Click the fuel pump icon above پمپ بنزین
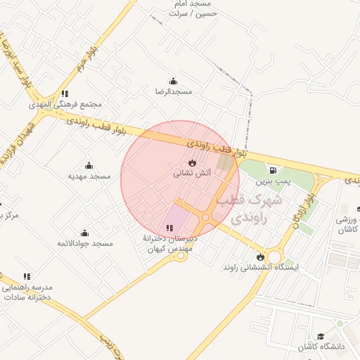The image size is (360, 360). (x=273, y=169)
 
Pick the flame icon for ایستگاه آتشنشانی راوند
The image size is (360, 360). (x=261, y=257)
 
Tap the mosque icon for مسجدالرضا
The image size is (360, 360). (x=173, y=81)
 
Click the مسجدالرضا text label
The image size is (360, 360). (x=173, y=91)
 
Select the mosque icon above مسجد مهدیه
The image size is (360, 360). (x=89, y=165)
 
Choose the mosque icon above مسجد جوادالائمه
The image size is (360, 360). (x=85, y=233)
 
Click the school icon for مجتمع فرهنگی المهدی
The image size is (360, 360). (x=65, y=94)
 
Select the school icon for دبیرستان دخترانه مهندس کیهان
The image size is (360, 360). (x=169, y=228)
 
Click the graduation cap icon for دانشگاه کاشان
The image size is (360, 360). (x=321, y=337)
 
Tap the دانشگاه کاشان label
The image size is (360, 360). (x=323, y=348)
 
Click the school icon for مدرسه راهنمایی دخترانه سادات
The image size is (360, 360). (x=27, y=277)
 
